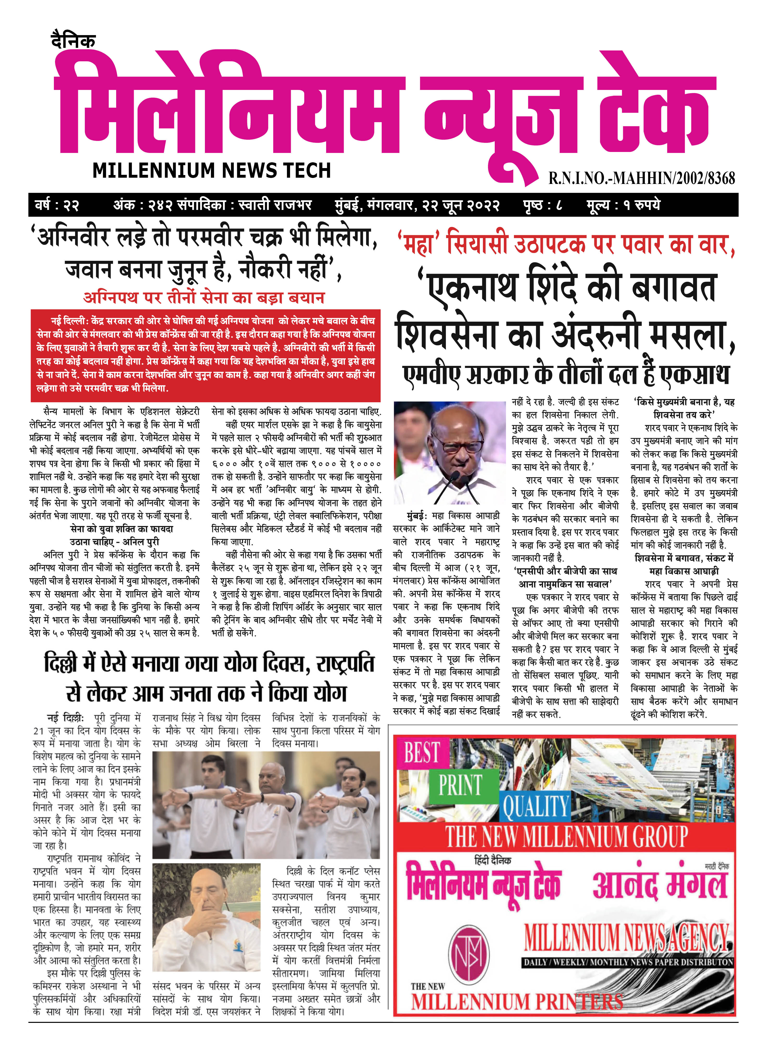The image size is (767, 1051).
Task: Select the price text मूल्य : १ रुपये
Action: [x=623, y=205]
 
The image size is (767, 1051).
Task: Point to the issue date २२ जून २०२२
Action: [x=464, y=205]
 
